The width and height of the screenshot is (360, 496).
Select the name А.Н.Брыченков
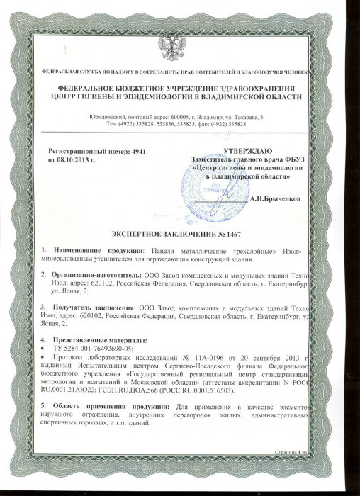pyautogui.click(x=279, y=199)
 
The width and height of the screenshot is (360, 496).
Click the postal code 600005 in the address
pyautogui.click(x=183, y=115)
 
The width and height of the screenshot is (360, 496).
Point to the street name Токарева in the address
pyautogui.click(x=242, y=115)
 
